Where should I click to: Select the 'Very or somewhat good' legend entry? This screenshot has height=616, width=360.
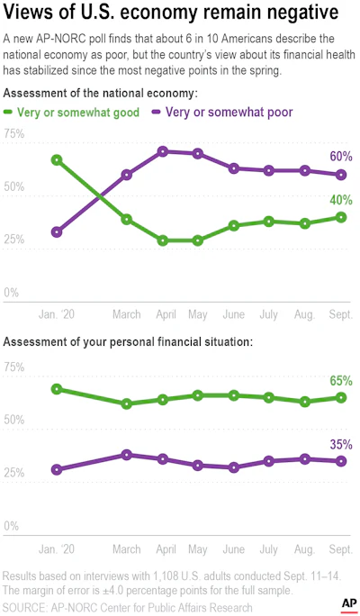pos(71,113)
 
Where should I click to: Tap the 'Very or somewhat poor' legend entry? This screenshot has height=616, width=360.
pos(222,113)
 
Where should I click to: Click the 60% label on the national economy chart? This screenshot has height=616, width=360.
pos(341,157)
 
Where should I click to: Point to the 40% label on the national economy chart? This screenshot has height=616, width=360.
pos(341,200)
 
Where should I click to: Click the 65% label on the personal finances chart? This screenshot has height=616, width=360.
pos(341,381)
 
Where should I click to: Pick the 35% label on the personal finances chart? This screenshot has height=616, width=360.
pos(341,445)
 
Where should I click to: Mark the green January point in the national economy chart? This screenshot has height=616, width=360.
pos(57,160)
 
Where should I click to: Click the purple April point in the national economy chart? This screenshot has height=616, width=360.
pos(163,151)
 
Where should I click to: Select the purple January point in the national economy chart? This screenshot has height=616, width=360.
pos(57,232)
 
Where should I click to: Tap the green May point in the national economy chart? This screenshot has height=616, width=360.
pos(198,240)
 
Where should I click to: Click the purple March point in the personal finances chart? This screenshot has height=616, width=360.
pos(126,455)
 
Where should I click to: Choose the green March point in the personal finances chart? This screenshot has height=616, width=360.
pos(126,403)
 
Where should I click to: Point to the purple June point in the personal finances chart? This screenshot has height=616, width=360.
pos(234,467)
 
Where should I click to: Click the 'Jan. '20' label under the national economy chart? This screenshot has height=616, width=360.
pos(57,314)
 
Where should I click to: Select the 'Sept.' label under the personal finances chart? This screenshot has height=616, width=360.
pos(340,548)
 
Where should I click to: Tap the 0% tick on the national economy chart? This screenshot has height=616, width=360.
pos(12,293)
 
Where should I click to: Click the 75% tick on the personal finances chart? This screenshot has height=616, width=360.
pos(14,367)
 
